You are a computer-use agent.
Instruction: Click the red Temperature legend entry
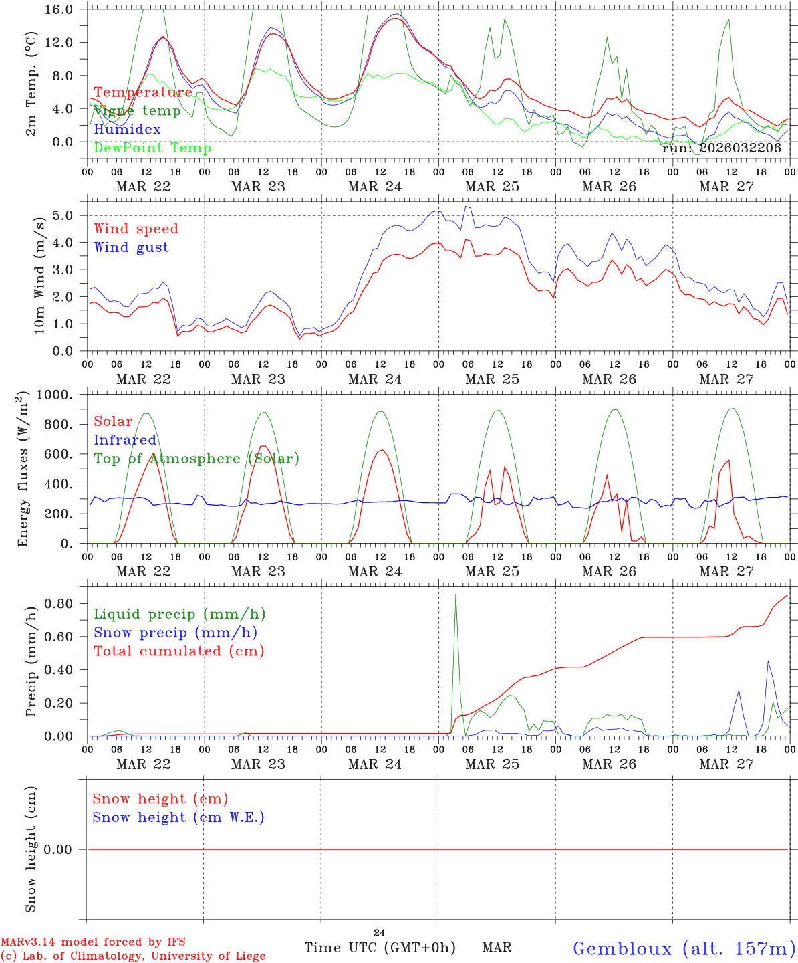coord(143,92)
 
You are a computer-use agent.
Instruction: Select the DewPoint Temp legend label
coord(152,148)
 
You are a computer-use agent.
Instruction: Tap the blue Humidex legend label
coord(128,129)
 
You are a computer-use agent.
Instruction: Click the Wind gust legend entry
coord(131,247)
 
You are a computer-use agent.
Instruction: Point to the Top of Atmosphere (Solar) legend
coord(196,459)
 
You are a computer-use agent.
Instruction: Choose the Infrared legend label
coord(125,440)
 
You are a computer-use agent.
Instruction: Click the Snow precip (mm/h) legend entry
coord(176,633)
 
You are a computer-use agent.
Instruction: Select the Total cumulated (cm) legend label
coord(179,651)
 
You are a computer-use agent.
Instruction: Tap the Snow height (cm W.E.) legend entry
coord(178,817)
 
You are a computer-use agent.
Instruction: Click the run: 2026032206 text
coord(721,148)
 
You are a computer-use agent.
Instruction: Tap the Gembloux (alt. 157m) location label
coord(684,948)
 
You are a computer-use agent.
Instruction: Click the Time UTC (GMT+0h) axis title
coord(380,948)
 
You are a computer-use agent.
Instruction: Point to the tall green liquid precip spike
coord(456,595)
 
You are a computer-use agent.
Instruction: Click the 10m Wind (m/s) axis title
coord(40,274)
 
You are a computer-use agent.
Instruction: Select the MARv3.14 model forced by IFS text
coord(93,942)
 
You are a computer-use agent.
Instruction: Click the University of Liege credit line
coord(133,956)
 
